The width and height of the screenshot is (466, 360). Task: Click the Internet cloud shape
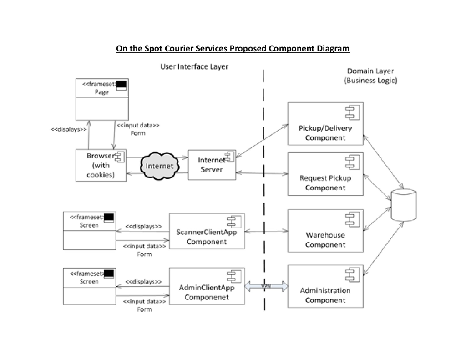tap(158, 166)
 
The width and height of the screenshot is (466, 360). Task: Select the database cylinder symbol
tap(404, 205)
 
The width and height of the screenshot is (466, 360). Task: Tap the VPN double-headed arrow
tap(267, 286)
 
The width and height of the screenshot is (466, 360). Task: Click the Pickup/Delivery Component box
tap(325, 124)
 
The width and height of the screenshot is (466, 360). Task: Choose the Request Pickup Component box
tap(325, 174)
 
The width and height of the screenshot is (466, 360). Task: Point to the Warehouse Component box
tap(325, 231)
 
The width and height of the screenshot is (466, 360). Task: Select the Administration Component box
tap(325, 286)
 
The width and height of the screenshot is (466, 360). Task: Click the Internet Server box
tap(212, 164)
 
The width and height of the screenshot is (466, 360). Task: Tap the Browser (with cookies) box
tap(101, 165)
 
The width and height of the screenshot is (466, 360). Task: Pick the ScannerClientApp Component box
tap(207, 232)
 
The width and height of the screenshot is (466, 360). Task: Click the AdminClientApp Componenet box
tap(207, 287)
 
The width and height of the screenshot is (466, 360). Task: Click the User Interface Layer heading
tap(194, 66)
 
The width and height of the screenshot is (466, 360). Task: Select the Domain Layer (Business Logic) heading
tap(370, 76)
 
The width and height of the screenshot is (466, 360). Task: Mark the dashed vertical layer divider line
tap(263, 191)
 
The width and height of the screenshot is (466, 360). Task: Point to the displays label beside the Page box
tap(68, 129)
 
